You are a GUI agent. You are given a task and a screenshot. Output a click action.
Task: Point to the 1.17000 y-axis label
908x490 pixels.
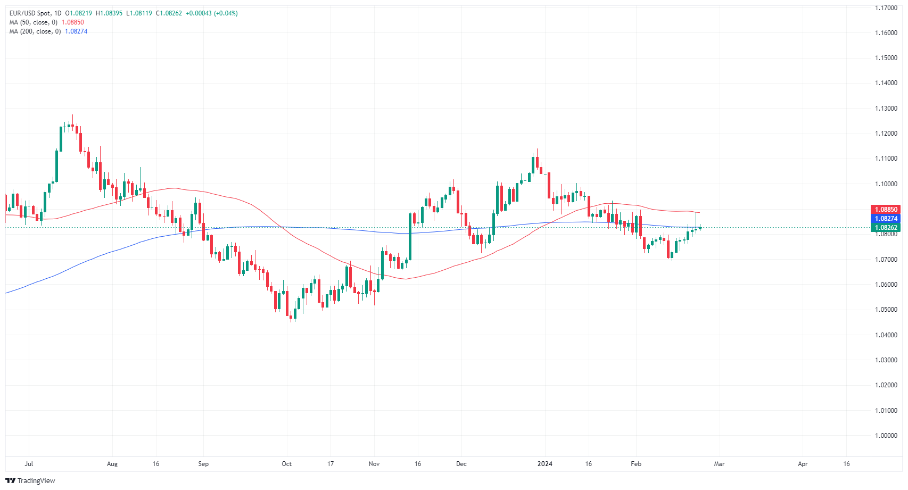click(886, 8)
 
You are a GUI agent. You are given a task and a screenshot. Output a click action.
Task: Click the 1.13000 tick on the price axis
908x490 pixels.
click(886, 109)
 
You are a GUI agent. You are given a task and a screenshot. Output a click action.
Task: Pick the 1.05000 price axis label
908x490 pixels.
click(886, 310)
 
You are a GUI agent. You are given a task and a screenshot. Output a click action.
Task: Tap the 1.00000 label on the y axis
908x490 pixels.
click(886, 436)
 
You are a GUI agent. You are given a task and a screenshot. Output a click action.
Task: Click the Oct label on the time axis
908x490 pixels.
click(286, 464)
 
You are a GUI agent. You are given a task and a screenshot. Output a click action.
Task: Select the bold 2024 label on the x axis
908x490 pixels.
click(545, 464)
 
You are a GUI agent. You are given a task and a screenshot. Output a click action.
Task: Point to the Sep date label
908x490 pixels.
click(203, 464)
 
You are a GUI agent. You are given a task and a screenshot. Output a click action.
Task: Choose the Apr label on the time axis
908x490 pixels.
click(803, 464)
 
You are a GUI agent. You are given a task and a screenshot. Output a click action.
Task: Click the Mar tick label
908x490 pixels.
click(719, 464)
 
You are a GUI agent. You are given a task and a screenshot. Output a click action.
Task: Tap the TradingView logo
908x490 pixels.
click(30, 480)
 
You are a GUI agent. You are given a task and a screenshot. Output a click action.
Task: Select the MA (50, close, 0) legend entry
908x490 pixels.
click(33, 22)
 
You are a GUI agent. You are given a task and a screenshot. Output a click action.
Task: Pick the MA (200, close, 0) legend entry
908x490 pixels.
click(35, 31)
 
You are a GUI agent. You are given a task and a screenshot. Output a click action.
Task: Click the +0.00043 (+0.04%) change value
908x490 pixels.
click(211, 13)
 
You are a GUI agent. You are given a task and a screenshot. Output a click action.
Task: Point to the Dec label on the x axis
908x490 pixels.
click(461, 464)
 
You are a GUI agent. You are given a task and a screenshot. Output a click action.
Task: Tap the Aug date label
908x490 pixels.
click(112, 464)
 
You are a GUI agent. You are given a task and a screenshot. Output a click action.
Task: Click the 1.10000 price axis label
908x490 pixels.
click(886, 184)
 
